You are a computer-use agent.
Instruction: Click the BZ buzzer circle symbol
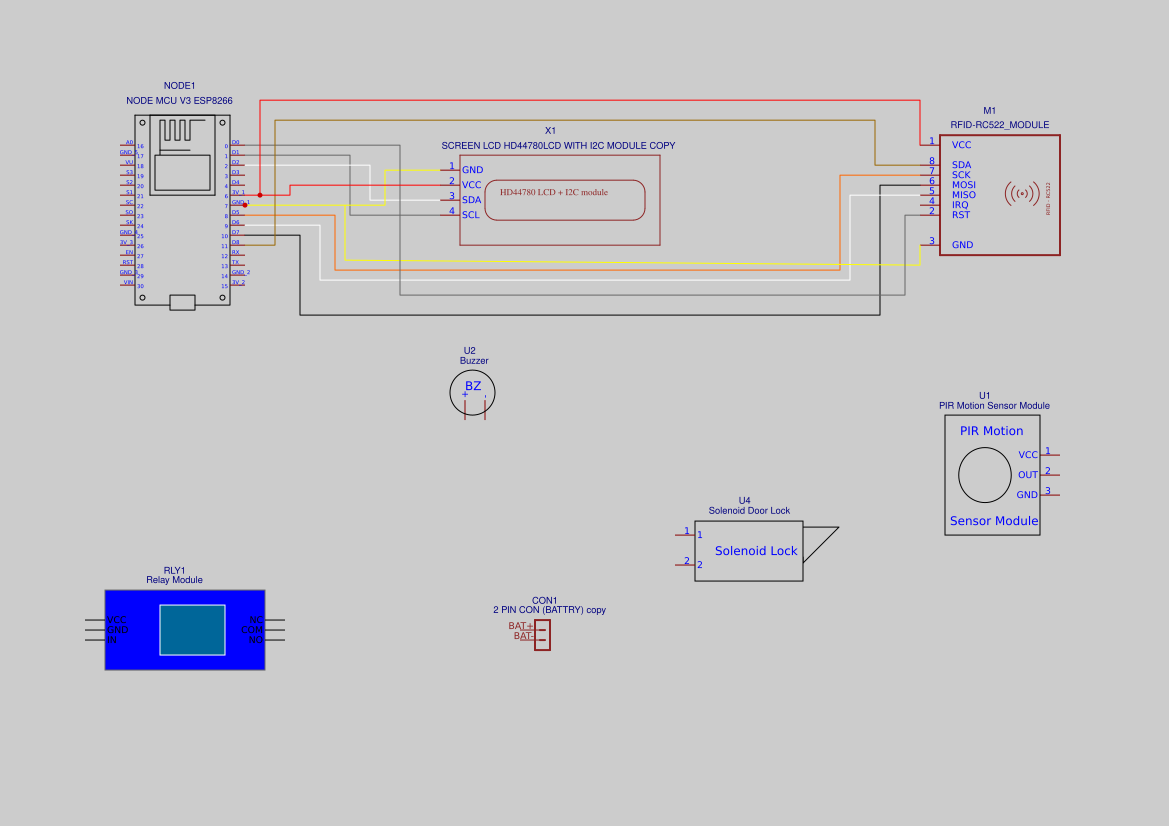point(472,391)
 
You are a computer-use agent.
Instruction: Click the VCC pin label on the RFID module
point(961,145)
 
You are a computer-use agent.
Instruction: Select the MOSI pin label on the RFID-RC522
point(964,185)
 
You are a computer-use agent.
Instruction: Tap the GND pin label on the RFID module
point(962,245)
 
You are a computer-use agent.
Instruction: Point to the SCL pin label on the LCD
point(470,215)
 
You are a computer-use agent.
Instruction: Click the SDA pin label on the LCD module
point(471,200)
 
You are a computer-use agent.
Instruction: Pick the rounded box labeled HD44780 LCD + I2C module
point(565,200)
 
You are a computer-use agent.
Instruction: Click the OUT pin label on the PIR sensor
point(1028,475)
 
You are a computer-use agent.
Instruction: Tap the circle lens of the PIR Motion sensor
point(985,475)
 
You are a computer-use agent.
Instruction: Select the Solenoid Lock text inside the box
point(756,551)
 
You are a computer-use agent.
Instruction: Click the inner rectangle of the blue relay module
point(192,630)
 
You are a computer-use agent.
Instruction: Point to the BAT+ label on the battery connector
point(521,626)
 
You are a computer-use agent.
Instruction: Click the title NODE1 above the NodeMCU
point(180,86)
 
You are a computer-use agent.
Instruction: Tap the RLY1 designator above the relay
point(174,570)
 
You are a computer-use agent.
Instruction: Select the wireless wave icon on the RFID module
point(1021,192)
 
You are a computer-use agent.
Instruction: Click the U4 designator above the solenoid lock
point(744,500)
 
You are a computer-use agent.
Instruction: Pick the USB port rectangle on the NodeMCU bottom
point(182,302)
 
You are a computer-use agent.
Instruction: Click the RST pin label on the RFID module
point(960,215)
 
